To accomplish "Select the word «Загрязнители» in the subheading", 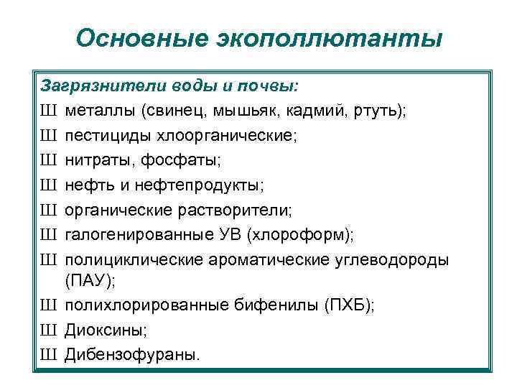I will tap(104, 86).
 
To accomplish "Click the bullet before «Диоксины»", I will tap(49, 330).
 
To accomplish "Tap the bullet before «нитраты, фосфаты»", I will tap(49, 160).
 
